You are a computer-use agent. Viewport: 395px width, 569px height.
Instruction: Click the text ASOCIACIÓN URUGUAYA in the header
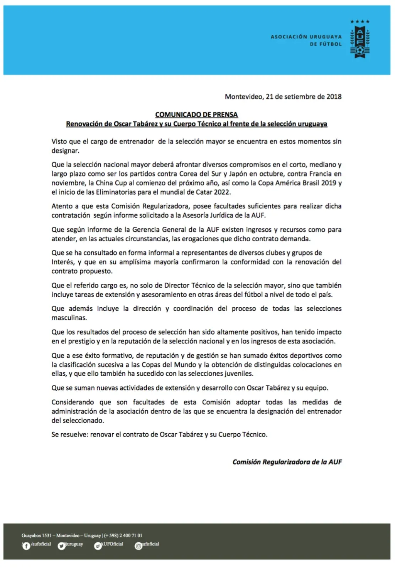306,37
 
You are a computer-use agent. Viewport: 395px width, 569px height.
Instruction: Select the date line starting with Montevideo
283,97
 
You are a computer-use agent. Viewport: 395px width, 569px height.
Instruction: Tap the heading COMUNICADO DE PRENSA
196,114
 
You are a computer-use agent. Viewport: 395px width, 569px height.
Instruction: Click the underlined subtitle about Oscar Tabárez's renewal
196,124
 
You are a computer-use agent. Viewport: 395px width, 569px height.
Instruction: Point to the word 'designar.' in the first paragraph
65,151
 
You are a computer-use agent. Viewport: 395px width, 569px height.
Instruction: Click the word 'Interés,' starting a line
63,262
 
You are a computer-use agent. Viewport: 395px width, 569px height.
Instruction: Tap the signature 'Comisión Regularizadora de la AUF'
287,462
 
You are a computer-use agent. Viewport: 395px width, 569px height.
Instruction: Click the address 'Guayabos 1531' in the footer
36,535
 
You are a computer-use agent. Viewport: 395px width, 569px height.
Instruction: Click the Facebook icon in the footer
26,546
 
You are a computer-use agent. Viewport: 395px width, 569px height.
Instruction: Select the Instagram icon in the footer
138,546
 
